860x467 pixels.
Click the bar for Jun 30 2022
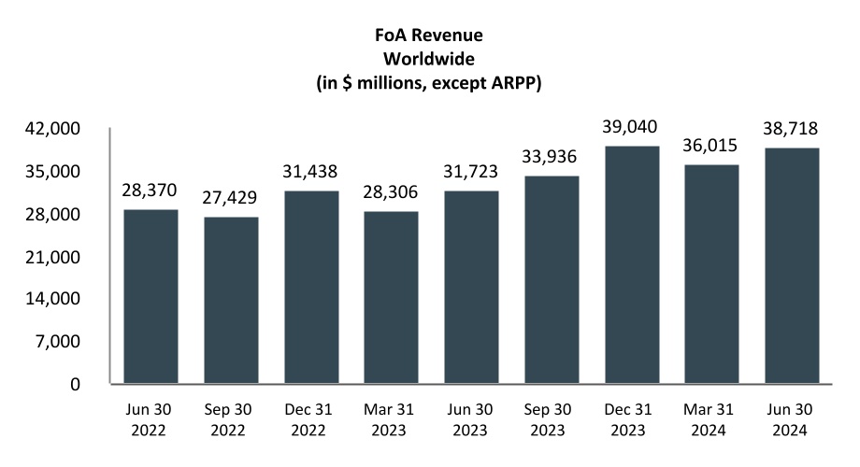pyautogui.click(x=150, y=296)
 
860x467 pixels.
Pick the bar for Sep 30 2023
pyautogui.click(x=552, y=279)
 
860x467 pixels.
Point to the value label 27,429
pyautogui.click(x=231, y=198)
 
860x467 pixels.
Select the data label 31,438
pyautogui.click(x=310, y=172)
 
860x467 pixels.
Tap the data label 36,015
pyautogui.click(x=711, y=146)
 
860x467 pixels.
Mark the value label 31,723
pyautogui.click(x=471, y=172)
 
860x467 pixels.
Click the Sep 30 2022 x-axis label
pyautogui.click(x=231, y=421)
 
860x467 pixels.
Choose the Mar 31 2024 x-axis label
pyautogui.click(x=711, y=421)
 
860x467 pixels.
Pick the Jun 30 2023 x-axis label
pyautogui.click(x=471, y=421)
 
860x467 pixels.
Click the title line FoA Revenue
pyautogui.click(x=430, y=37)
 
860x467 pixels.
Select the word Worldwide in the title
pyautogui.click(x=430, y=59)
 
